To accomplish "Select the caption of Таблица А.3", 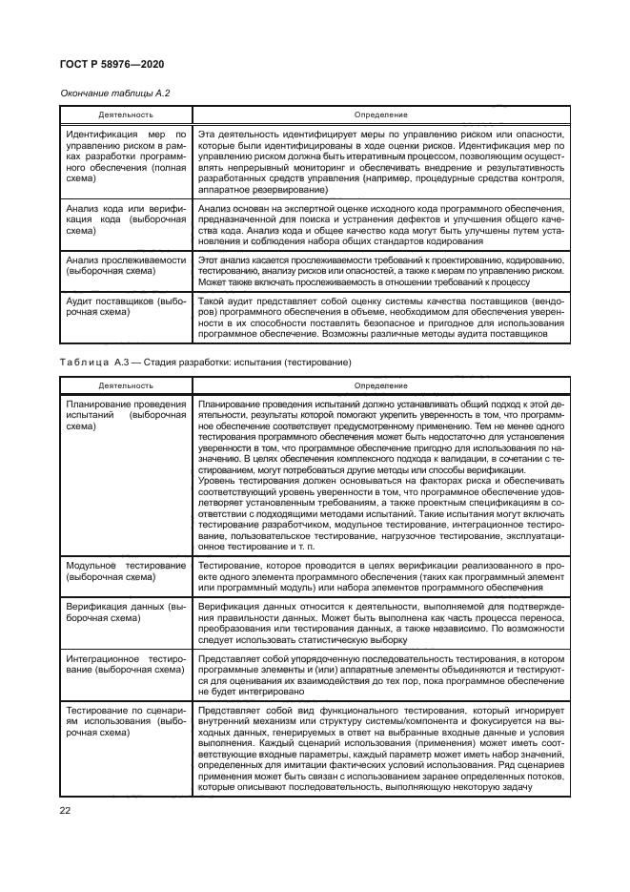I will pyautogui.click(x=207, y=363).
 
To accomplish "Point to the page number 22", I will pyautogui.click(x=68, y=811).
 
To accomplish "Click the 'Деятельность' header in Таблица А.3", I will pyautogui.click(x=126, y=385).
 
